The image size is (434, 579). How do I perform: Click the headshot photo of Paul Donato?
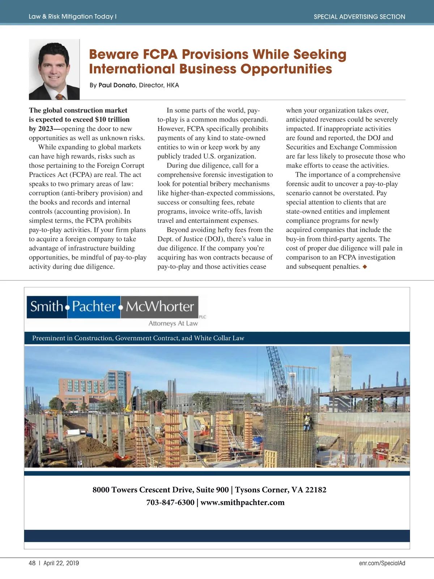click(54, 69)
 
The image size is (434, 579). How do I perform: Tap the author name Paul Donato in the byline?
click(117, 85)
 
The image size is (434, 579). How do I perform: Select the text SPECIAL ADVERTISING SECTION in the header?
click(359, 17)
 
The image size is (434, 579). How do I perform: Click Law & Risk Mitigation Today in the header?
click(71, 17)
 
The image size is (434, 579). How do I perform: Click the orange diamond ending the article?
click(365, 267)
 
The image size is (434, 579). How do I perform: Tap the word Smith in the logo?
click(47, 307)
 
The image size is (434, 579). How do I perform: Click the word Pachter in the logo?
click(94, 307)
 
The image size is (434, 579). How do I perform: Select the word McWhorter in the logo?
click(160, 307)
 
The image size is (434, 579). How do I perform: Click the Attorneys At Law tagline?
click(173, 324)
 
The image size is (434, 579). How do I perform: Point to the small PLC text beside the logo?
click(203, 317)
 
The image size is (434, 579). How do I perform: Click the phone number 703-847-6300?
click(170, 502)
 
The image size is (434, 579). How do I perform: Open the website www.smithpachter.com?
click(242, 502)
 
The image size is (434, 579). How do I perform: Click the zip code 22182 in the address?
click(316, 490)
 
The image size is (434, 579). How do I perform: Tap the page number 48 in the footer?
click(32, 563)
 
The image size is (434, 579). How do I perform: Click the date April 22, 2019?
click(61, 563)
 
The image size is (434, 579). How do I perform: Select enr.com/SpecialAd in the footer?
click(382, 563)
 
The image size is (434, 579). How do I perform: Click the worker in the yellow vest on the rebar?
click(307, 421)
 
